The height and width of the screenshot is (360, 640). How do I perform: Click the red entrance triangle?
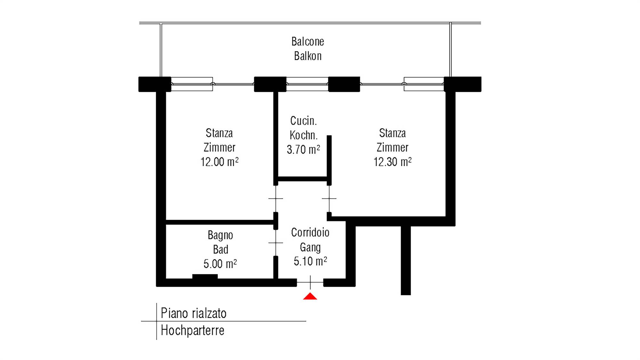click(x=310, y=296)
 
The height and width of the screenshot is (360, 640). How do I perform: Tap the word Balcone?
click(x=308, y=42)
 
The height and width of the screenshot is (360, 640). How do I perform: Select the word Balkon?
click(x=308, y=56)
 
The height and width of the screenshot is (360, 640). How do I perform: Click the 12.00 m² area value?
click(x=220, y=162)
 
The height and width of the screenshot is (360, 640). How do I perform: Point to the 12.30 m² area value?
click(x=392, y=162)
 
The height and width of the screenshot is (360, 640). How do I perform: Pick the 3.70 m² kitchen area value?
click(x=303, y=149)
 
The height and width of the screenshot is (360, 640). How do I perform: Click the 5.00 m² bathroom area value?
click(x=220, y=264)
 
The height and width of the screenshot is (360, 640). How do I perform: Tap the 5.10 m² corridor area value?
click(x=310, y=261)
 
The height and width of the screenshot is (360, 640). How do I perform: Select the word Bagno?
click(x=220, y=236)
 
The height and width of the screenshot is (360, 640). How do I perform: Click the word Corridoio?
click(x=310, y=233)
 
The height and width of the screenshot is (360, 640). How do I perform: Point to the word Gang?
click(x=310, y=247)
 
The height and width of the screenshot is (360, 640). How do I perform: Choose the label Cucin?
click(x=303, y=121)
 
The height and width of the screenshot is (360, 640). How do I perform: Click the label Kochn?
click(x=303, y=135)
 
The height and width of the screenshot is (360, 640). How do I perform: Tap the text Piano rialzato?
click(x=193, y=313)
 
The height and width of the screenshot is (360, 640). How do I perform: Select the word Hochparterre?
click(x=192, y=330)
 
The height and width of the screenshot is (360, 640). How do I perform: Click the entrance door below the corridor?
click(x=310, y=283)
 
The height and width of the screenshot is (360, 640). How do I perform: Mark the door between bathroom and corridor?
click(x=276, y=243)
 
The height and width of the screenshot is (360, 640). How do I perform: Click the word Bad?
click(x=220, y=249)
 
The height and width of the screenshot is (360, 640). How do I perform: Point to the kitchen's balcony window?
click(x=307, y=84)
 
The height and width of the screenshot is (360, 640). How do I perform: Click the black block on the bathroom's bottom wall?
click(x=205, y=276)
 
